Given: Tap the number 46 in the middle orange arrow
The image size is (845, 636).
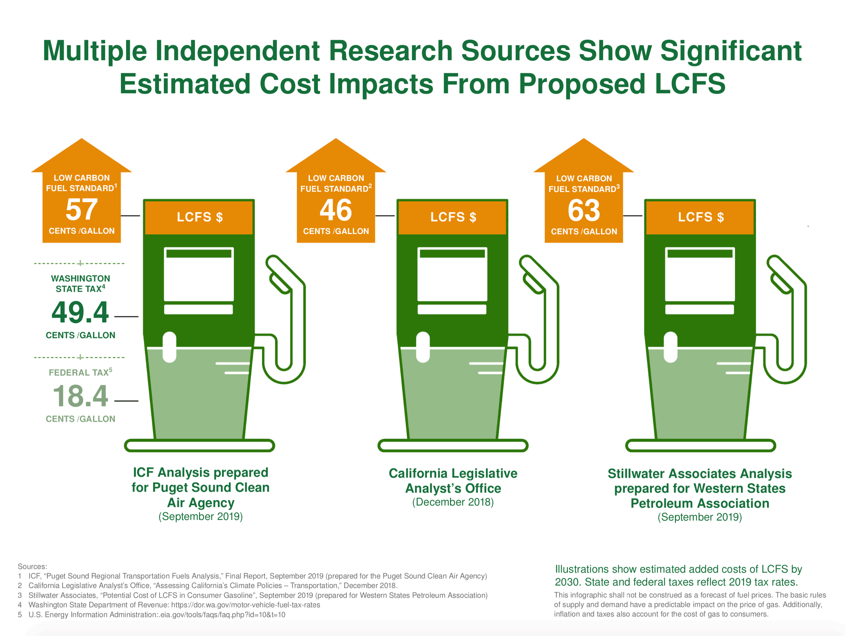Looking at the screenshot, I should [335, 210].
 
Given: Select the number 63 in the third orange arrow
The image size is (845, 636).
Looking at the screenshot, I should [583, 210].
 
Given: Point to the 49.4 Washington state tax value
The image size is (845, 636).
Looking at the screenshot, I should [80, 312].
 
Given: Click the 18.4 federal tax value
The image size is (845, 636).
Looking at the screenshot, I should [80, 396].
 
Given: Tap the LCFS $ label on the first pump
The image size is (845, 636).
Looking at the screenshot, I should [199, 217].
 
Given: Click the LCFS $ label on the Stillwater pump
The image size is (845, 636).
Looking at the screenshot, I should [700, 217].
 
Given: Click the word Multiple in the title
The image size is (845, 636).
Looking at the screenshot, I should [95, 51].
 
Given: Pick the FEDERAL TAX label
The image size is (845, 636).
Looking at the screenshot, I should [80, 372].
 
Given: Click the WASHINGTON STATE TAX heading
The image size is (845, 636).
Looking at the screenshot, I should [80, 284].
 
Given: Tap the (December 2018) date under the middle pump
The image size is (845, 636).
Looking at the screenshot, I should [453, 502].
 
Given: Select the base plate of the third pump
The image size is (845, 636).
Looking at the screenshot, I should [700, 445].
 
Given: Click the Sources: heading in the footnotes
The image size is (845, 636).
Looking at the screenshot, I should [33, 566].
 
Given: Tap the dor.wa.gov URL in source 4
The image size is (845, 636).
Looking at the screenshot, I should [245, 605].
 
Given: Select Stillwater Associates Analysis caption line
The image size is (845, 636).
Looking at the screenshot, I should [700, 474].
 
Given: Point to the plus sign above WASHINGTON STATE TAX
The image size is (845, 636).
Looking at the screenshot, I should [80, 263].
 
